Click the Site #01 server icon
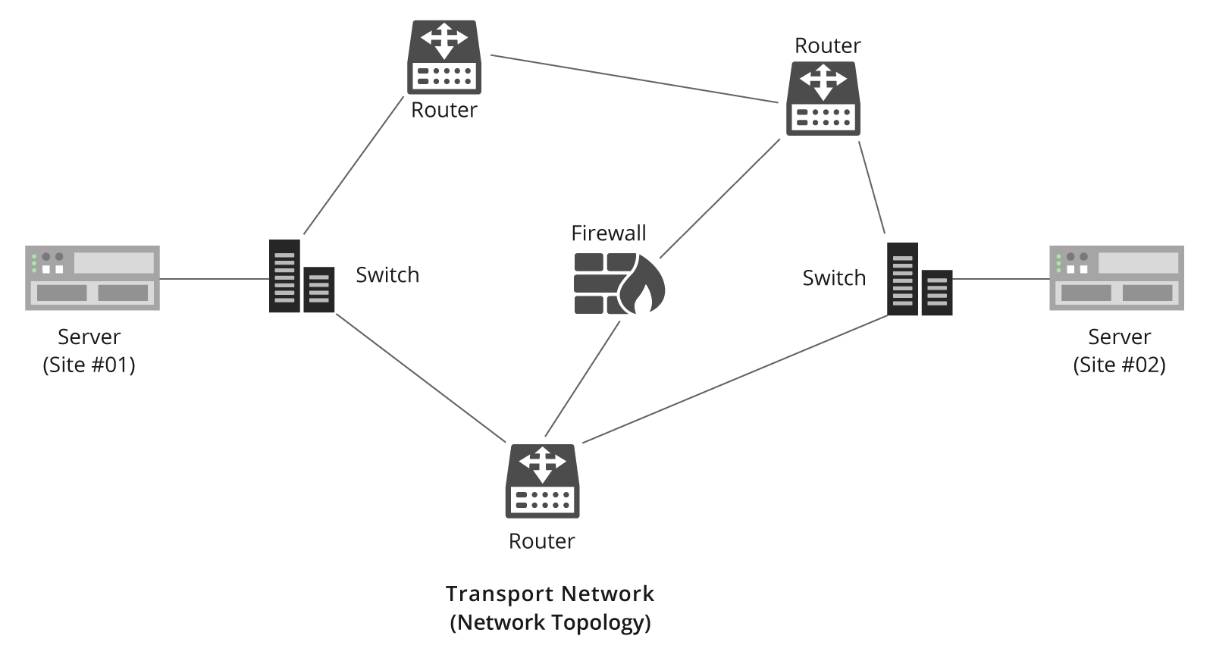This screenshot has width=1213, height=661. [x=92, y=277]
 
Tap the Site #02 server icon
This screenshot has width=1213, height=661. [x=1116, y=277]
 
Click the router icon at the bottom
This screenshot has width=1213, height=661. [x=542, y=481]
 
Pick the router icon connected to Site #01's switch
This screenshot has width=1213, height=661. [x=444, y=57]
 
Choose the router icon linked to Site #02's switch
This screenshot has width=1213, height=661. [x=823, y=99]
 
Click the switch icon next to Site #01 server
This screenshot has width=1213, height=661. [x=301, y=277]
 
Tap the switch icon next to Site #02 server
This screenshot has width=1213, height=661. [x=919, y=280]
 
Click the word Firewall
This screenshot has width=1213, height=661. [x=608, y=233]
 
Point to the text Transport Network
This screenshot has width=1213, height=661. [x=550, y=594]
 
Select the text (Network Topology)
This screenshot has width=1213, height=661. [x=550, y=622]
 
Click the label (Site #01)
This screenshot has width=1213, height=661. [x=89, y=365]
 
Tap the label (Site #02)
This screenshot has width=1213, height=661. [x=1119, y=365]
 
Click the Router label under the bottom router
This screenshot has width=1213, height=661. [x=541, y=541]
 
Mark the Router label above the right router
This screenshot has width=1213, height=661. [x=827, y=45]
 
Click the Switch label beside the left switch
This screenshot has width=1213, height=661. [x=387, y=274]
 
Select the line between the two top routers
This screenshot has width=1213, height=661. [x=634, y=78]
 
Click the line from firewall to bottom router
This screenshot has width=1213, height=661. [x=582, y=379]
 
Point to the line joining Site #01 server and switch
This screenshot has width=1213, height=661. [x=214, y=279]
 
